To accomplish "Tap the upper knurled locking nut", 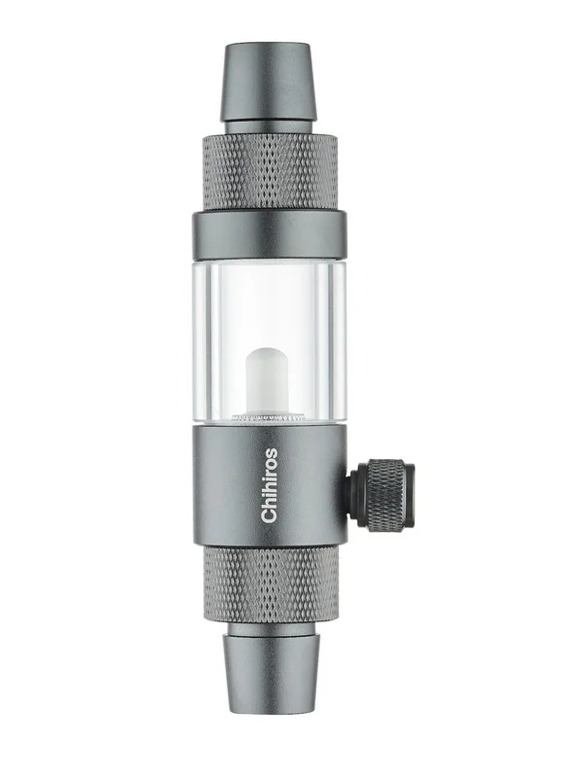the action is point(270,172).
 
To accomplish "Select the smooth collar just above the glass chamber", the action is point(270,235).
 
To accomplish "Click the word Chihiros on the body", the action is point(270,485).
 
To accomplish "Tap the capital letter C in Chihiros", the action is point(270,516).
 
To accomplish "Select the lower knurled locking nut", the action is point(271,584).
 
